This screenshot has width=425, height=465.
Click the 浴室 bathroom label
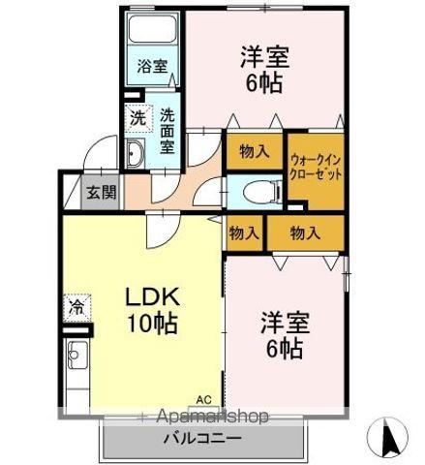[x=152, y=67]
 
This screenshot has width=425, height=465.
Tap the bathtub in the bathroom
[x=153, y=28]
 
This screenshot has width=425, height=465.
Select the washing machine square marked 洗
[x=138, y=119]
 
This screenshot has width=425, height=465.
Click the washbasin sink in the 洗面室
[x=135, y=153]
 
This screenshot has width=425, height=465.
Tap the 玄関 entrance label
[x=101, y=193]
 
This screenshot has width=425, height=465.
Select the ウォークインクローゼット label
[x=316, y=168]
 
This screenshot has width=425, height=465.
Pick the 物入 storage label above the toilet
[x=255, y=151]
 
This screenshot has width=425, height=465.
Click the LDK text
[x=152, y=297]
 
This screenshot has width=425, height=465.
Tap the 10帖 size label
[x=153, y=324]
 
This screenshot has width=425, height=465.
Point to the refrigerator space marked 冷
[x=76, y=307]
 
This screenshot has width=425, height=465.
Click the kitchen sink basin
[x=77, y=355]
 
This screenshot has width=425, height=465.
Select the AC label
[x=204, y=400]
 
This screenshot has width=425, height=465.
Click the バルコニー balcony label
[x=202, y=438]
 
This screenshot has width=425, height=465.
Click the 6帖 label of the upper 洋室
[x=264, y=83]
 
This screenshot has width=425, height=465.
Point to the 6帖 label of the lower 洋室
[x=285, y=349]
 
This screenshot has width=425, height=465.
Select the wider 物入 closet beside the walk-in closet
[x=305, y=232]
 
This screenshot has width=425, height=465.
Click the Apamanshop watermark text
[x=212, y=417]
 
